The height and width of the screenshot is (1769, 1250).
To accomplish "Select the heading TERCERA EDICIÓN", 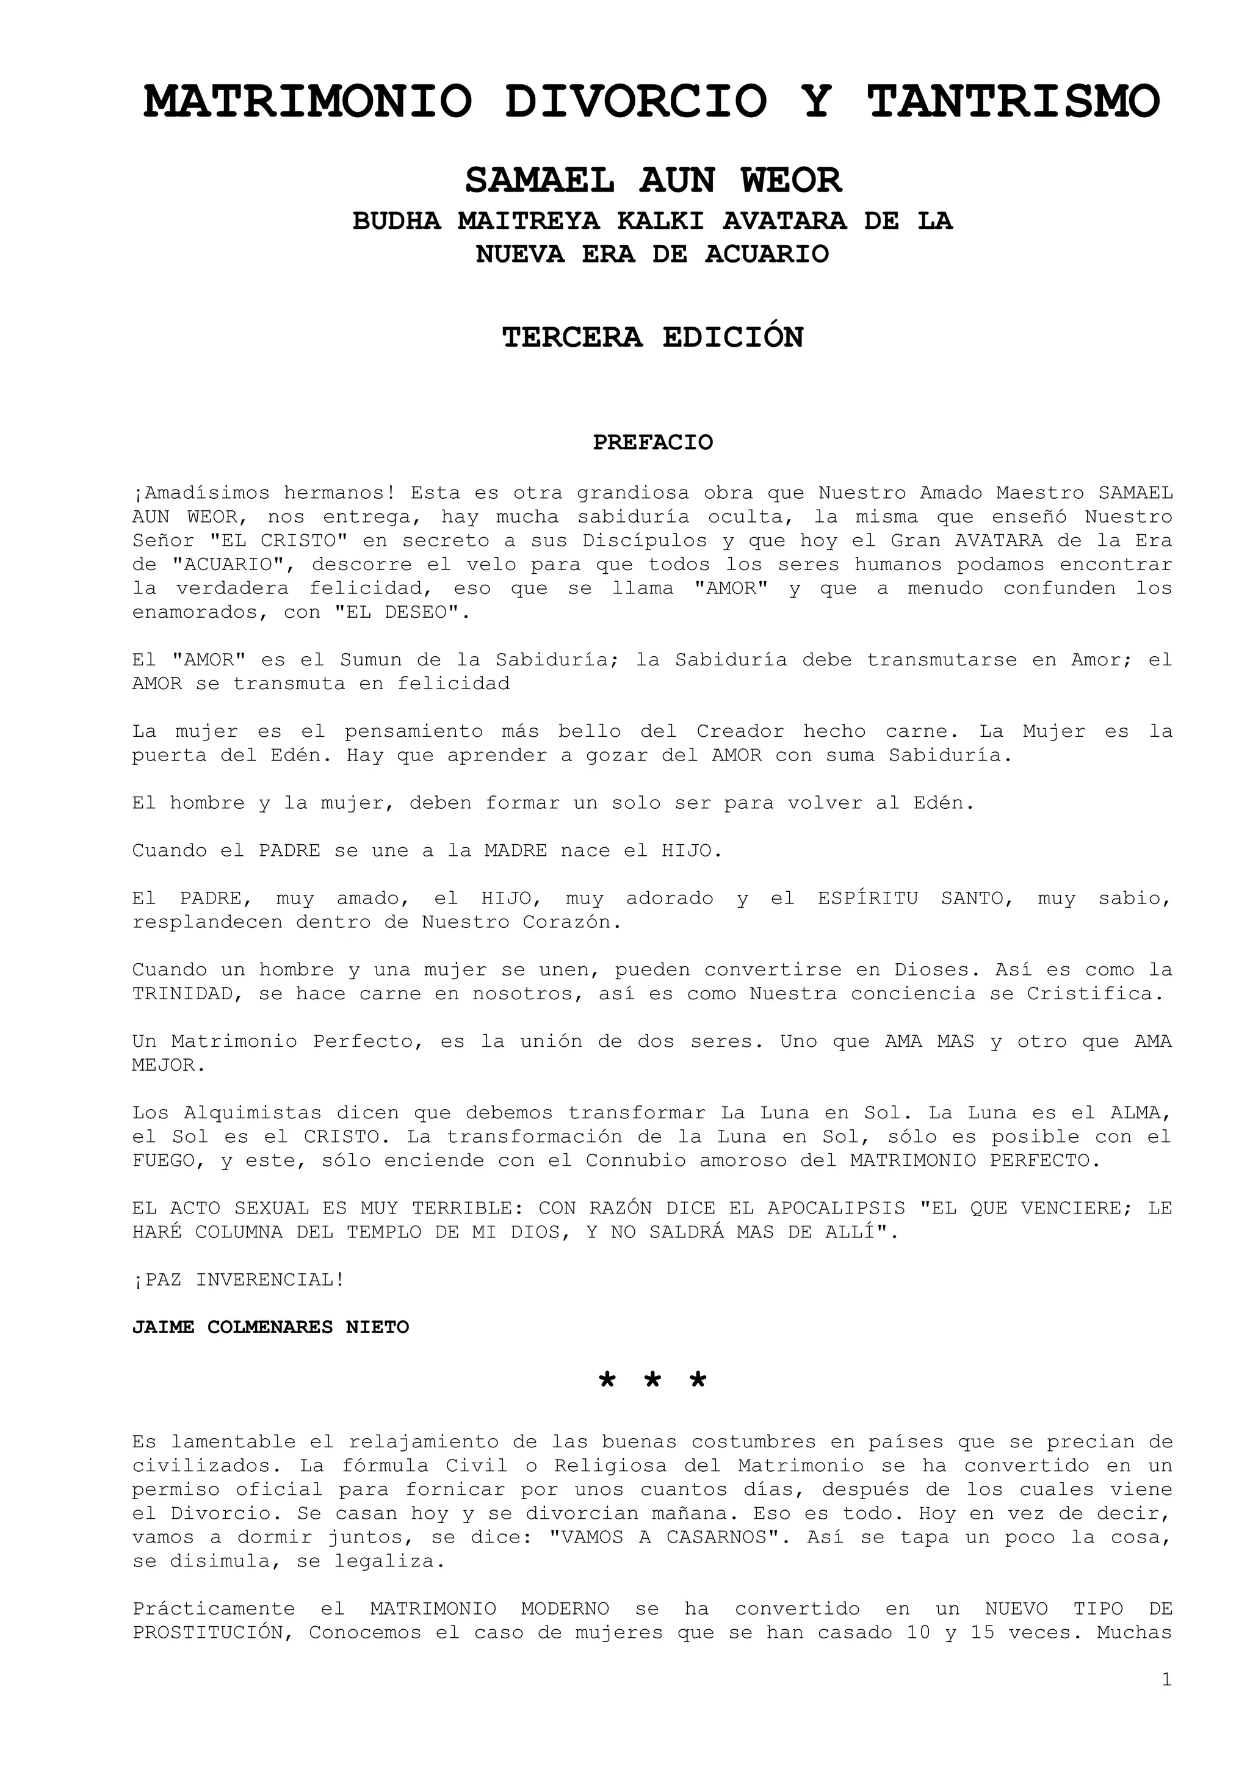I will pos(653,338).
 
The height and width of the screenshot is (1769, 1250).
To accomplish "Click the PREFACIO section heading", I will pos(653,443).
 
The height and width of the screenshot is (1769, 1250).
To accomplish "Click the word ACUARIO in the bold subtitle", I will pos(767,255).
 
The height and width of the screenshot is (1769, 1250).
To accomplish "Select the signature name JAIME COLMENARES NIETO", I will pos(270,1328).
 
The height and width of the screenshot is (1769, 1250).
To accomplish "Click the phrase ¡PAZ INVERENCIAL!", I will pos(239,1280).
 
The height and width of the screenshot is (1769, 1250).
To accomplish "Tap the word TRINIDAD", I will pos(182,994).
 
